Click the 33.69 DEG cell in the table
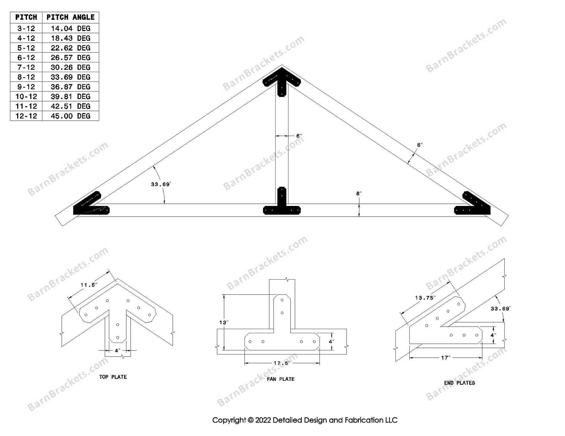coord(70,77)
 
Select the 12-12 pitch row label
coord(26,116)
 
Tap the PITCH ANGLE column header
coord(70,17)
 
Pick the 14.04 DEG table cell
coord(70,29)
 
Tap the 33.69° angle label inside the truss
coord(160,184)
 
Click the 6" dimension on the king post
coord(299,136)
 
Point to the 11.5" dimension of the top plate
coord(89,285)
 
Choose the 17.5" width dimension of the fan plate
coord(282,363)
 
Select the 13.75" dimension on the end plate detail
coord(425,298)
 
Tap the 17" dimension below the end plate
coord(445,358)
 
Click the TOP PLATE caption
coord(113,377)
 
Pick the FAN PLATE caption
coord(281,379)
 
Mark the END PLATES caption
coord(460,383)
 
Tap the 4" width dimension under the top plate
coord(117,350)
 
